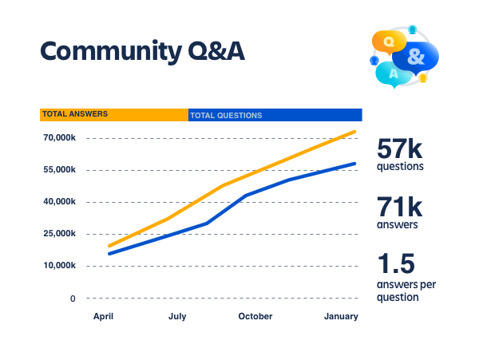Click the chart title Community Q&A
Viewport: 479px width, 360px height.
(x=142, y=51)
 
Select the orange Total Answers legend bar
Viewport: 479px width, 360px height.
(x=114, y=115)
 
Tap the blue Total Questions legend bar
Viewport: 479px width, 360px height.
(x=275, y=115)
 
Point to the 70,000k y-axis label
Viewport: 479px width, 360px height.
(x=59, y=138)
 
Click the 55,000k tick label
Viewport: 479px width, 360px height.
(x=59, y=169)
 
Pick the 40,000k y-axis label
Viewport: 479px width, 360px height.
(x=59, y=201)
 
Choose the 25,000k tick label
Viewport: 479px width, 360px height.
(x=59, y=234)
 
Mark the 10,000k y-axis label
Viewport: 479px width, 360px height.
(x=59, y=265)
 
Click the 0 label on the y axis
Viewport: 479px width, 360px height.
(x=73, y=299)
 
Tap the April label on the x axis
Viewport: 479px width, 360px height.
(x=103, y=316)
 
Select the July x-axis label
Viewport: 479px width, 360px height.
(x=177, y=316)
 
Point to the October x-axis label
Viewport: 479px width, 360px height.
(x=255, y=316)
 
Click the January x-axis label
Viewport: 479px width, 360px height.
(x=341, y=316)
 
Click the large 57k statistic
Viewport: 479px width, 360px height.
(x=400, y=148)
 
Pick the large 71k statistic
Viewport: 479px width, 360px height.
(x=400, y=207)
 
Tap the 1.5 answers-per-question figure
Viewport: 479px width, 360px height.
(x=396, y=263)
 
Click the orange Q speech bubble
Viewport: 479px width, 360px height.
(x=389, y=42)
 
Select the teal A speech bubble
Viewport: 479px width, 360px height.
(x=394, y=74)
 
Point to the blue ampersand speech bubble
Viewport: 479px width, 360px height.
(x=416, y=57)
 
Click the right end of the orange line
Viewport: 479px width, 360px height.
(x=354, y=132)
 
